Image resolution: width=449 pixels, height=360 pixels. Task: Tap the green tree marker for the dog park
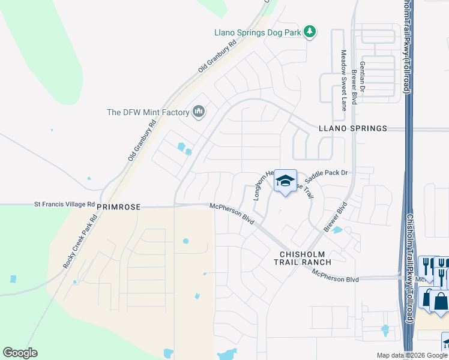coord(310,31)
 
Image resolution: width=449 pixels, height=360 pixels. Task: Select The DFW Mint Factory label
coord(147,112)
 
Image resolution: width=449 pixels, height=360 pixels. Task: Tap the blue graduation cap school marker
coord(286,181)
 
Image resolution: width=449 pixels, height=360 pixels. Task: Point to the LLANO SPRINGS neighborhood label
coord(353,128)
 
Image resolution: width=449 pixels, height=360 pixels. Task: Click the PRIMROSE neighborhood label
coord(118,206)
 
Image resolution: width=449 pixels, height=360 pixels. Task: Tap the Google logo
coord(20,353)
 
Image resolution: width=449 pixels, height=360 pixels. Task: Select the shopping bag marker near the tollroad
coord(441,301)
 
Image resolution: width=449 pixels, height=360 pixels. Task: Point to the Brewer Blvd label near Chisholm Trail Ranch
coord(336,217)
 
